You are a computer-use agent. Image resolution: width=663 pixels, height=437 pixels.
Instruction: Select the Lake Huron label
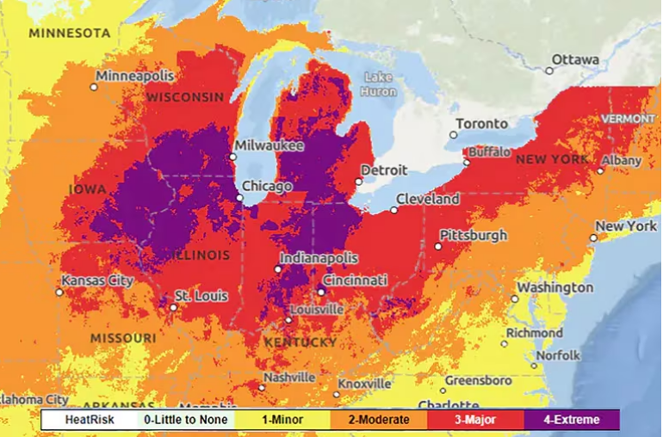pos(378,83)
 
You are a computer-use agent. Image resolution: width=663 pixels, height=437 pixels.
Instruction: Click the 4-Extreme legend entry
pos(571,420)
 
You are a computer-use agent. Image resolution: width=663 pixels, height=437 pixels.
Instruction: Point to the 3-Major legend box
pos(474,420)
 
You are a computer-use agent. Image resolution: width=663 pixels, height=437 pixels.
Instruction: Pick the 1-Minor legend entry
pos(282,420)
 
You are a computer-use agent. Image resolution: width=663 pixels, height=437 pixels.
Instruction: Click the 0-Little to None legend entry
pos(185,420)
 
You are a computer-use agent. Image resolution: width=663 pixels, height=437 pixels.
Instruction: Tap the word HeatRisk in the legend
pos(90,420)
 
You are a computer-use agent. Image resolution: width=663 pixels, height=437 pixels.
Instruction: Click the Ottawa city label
pos(575,59)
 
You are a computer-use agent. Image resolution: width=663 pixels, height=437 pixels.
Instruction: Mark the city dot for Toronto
pos(454,135)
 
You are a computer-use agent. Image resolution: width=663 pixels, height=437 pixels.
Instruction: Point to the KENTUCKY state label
pos(301,342)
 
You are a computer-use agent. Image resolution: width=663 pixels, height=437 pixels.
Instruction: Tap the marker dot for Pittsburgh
pos(438,246)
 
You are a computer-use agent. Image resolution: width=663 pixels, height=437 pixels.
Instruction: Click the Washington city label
pos(555,287)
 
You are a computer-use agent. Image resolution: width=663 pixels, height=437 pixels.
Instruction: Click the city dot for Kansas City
pos(59,292)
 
